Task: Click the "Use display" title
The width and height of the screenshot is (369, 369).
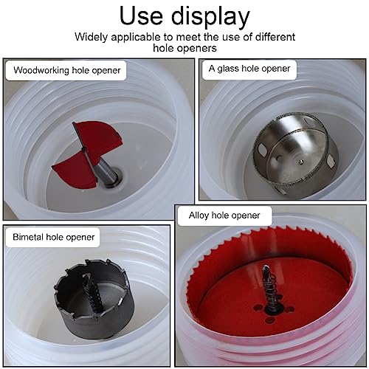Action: click(184, 15)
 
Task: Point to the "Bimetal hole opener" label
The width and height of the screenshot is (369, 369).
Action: click(54, 237)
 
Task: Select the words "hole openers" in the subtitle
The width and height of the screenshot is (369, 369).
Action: click(184, 48)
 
